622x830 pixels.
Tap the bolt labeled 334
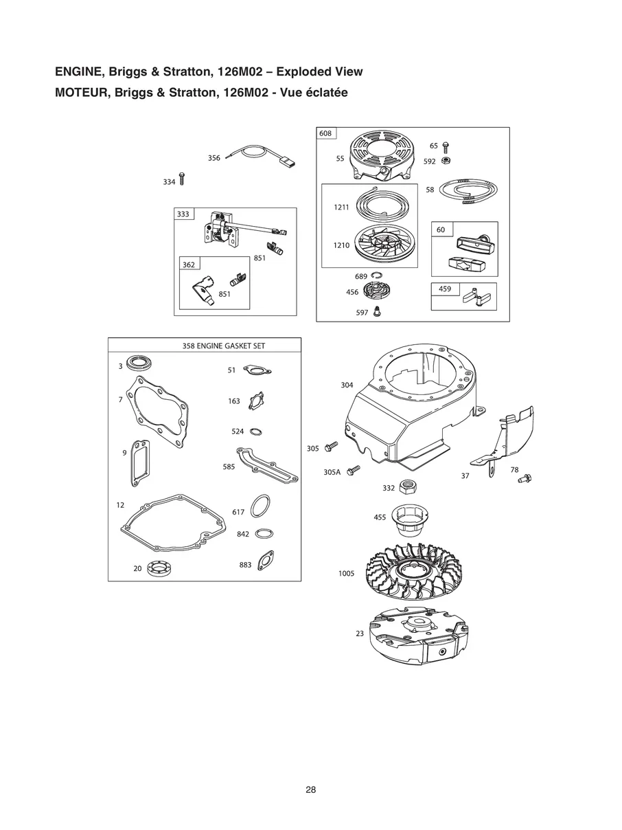click(x=182, y=180)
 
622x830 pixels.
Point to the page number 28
click(x=311, y=789)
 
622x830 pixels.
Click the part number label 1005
click(x=347, y=574)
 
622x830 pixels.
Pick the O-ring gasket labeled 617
click(x=260, y=507)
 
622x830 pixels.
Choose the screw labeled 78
click(x=525, y=478)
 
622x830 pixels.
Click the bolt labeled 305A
click(x=354, y=470)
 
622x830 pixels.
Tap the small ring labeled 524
click(x=255, y=431)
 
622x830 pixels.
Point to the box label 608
click(x=325, y=133)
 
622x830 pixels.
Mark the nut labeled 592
click(x=446, y=161)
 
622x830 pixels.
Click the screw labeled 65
click(x=446, y=146)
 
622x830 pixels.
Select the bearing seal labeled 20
click(x=162, y=568)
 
